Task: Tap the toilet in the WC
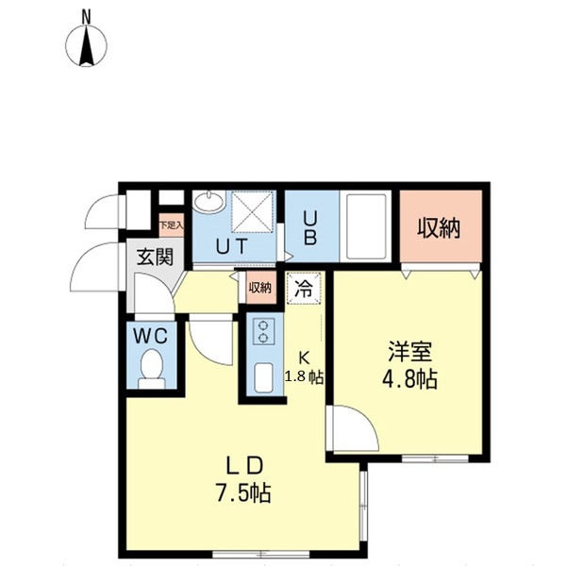tap(151, 368)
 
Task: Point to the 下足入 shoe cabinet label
tap(171, 226)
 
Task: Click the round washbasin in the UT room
tap(208, 202)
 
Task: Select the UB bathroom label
tap(310, 227)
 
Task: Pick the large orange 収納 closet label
tap(439, 227)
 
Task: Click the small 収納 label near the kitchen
tap(259, 288)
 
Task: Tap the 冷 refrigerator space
tap(305, 289)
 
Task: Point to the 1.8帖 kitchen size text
tap(306, 377)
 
